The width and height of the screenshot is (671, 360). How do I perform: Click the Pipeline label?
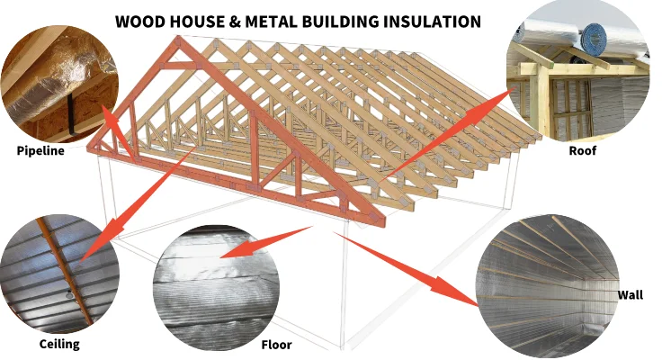click(x=40, y=150)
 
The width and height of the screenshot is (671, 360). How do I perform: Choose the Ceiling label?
click(x=59, y=344)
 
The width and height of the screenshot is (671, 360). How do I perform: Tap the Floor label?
click(x=276, y=345)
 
